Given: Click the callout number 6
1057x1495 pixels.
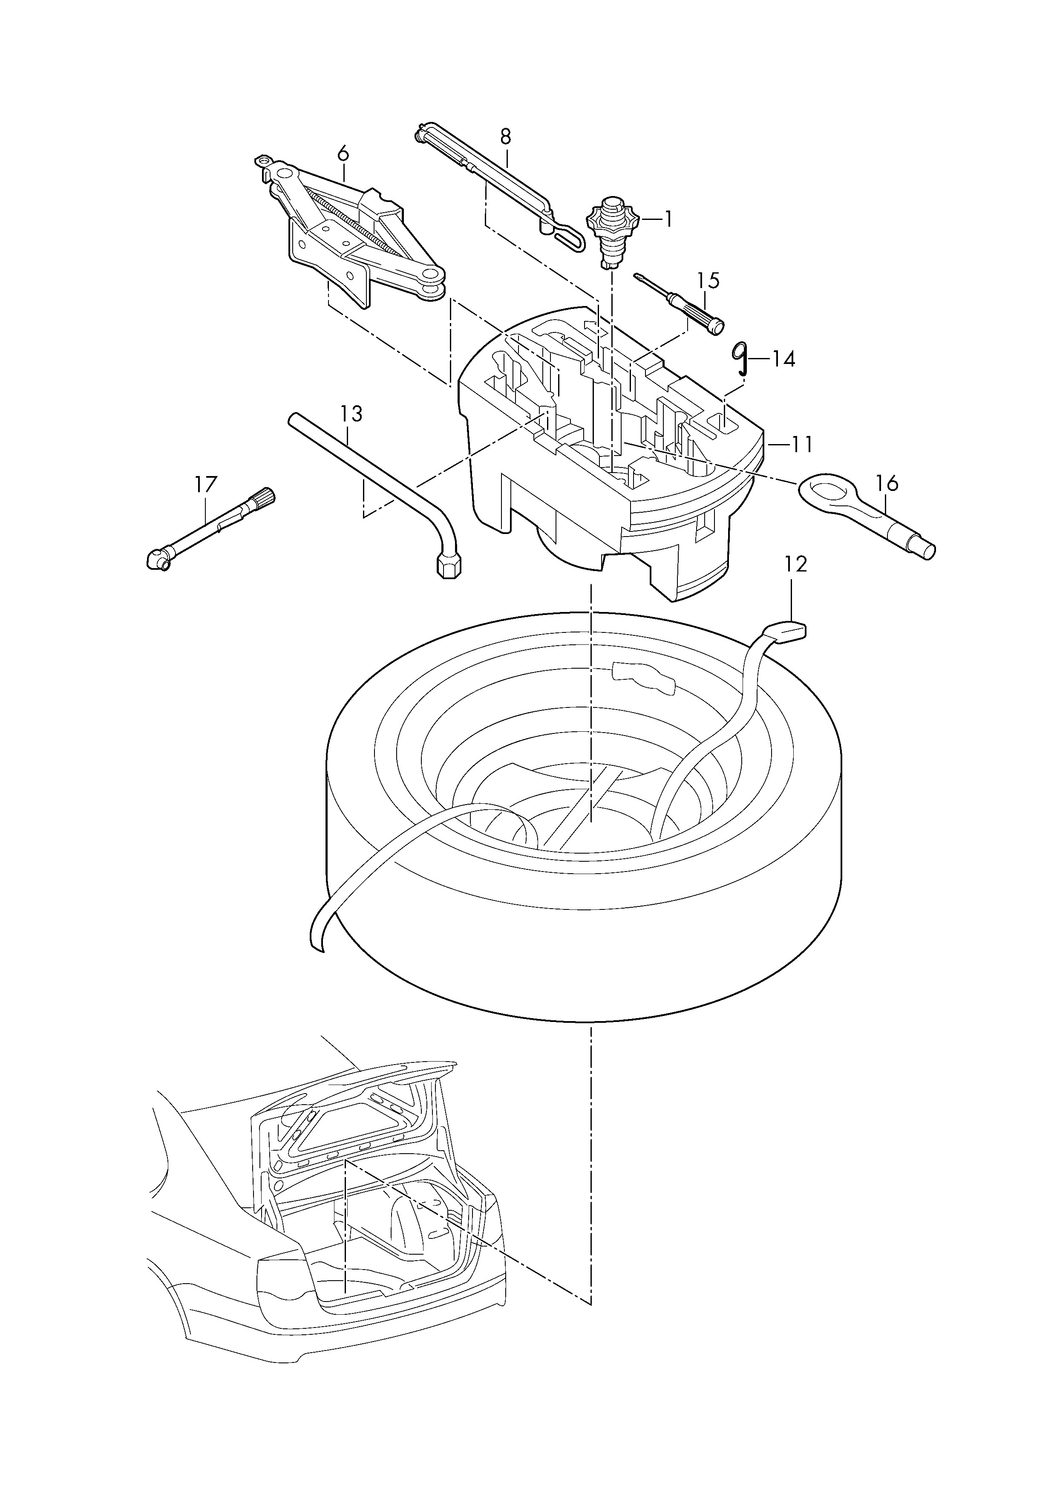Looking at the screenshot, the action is click(x=343, y=154).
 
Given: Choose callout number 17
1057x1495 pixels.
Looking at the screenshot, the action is click(x=206, y=485).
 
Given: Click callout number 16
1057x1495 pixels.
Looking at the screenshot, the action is click(x=887, y=483).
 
